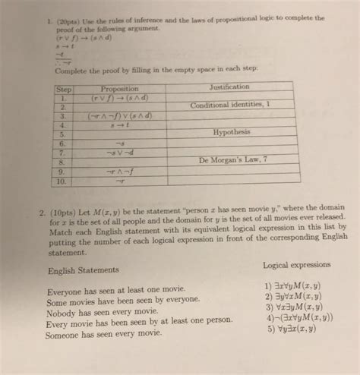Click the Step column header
point(63,88)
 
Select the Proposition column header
point(119,88)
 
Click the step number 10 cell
point(61,181)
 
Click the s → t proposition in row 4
point(120,124)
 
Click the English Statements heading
point(82,269)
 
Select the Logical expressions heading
point(296,265)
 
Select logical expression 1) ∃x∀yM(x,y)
point(289,287)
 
